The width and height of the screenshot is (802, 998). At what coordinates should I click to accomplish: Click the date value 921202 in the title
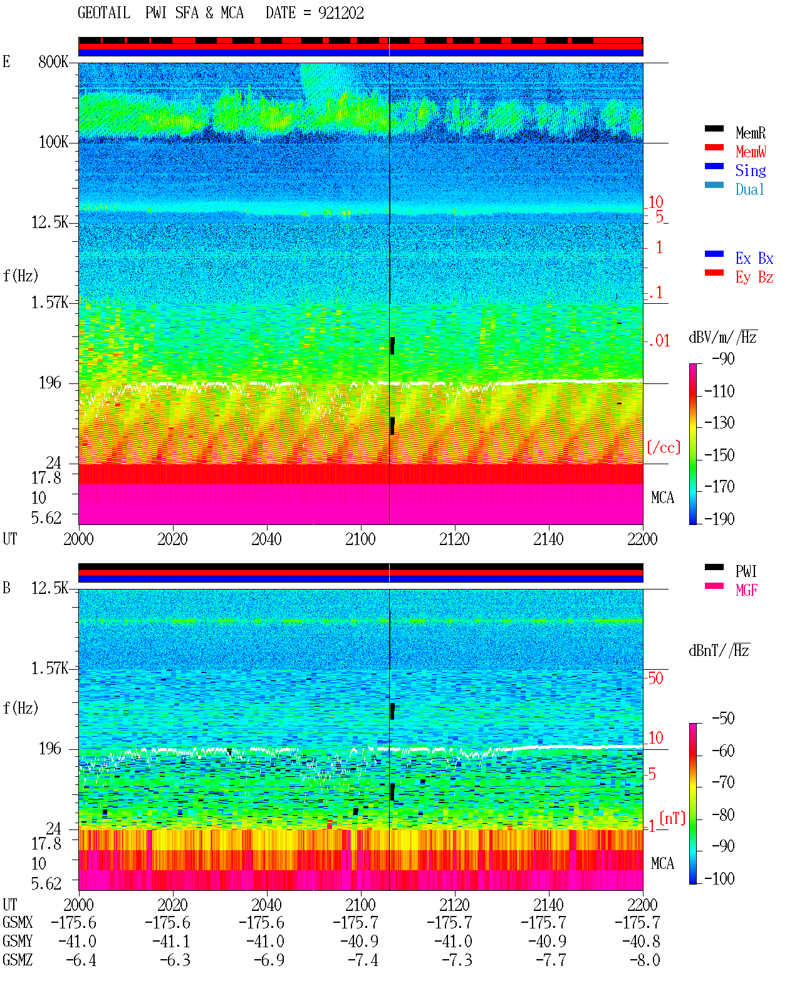pos(340,13)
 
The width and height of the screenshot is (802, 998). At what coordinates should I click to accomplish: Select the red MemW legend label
pos(750,152)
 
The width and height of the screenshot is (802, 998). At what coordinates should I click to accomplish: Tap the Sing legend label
pos(750,170)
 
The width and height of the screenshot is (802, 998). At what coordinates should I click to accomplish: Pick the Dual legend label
pos(749,189)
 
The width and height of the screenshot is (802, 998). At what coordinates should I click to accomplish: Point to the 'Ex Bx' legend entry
pos(754,258)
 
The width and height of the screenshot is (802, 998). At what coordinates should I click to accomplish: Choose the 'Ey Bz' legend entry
pos(754,278)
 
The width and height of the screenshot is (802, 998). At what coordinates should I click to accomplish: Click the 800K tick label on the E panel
pos(53,61)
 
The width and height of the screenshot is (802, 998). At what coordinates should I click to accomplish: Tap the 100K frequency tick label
pos(53,142)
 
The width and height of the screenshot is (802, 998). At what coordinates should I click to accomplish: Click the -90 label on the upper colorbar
pos(723,358)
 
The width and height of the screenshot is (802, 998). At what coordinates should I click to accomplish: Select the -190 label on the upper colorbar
pos(719,519)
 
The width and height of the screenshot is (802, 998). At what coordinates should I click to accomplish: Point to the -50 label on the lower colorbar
pos(723,719)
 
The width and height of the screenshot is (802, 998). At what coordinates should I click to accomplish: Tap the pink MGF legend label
pos(746,590)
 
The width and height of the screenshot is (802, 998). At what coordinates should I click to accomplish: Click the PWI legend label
pos(746,571)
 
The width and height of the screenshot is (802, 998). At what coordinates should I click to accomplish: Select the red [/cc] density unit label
pos(664,447)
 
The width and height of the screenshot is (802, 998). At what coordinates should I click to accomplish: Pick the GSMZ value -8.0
pos(645,960)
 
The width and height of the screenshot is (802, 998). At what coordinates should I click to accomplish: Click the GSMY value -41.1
pos(171,942)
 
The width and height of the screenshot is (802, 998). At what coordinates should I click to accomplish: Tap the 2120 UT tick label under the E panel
pos(455,539)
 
